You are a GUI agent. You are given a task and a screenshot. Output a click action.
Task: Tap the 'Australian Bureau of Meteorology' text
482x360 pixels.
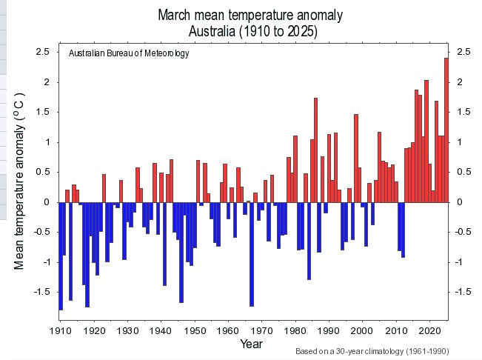click(x=129, y=53)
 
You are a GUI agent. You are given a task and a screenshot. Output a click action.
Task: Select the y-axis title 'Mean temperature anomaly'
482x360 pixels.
click(x=21, y=181)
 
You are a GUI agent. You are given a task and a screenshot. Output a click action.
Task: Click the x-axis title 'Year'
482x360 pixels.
click(x=250, y=344)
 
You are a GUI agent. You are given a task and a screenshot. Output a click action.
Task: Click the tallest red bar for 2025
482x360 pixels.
click(x=446, y=130)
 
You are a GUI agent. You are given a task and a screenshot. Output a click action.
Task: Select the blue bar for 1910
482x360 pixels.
click(x=61, y=256)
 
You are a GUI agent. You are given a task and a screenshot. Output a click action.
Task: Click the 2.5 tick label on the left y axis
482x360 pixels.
click(x=42, y=52)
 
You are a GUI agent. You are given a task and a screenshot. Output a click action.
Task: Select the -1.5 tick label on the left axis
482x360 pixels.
click(x=40, y=292)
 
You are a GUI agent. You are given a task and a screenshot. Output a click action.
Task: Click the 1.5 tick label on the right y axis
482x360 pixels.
click(x=464, y=112)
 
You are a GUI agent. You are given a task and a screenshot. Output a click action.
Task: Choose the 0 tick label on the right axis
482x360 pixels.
click(x=460, y=202)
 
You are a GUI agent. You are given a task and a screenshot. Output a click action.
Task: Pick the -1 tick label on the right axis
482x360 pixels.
click(x=463, y=262)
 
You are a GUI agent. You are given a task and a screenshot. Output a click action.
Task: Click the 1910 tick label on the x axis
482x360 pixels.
click(x=61, y=330)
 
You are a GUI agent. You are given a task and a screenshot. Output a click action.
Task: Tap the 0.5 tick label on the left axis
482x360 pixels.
click(x=42, y=172)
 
